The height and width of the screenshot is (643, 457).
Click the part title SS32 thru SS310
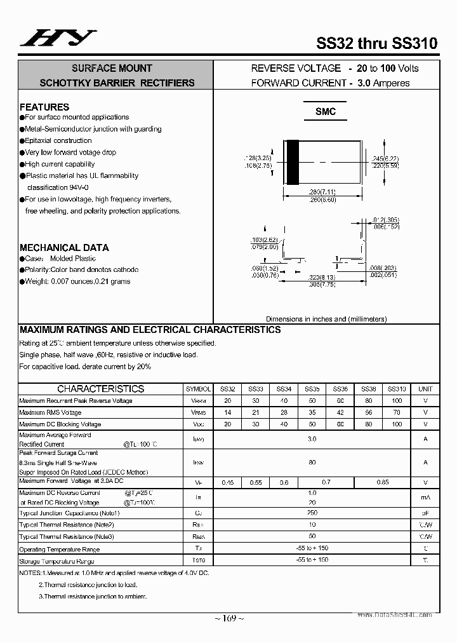(x=376, y=43)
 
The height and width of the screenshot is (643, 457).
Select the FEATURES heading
(x=44, y=107)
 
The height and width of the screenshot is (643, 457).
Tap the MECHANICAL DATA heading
(x=64, y=247)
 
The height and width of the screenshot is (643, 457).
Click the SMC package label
(x=325, y=111)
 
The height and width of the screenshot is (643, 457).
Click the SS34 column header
(x=284, y=389)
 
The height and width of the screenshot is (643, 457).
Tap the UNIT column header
(x=425, y=389)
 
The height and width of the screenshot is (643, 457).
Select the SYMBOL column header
(x=198, y=389)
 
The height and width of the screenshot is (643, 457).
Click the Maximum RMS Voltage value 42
(x=340, y=412)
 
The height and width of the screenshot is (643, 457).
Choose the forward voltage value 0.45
(x=227, y=482)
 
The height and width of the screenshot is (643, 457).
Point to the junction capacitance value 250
(x=312, y=512)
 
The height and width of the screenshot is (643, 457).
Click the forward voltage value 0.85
(x=382, y=482)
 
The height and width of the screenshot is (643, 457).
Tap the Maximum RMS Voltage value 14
(x=227, y=412)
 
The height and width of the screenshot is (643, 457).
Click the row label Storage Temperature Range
(x=56, y=561)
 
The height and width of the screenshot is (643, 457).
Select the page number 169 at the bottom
(x=229, y=618)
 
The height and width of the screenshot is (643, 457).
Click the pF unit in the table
(x=425, y=512)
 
